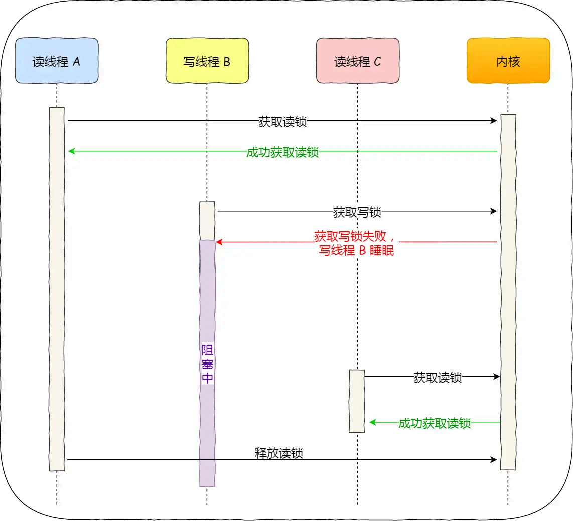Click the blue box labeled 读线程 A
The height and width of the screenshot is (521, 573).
pos(56,61)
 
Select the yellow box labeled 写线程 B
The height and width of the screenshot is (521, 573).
pos(207,61)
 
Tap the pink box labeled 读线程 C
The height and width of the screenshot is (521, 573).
pos(358,61)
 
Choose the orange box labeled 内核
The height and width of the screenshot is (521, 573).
pos(508,61)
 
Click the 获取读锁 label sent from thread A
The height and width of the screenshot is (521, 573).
pos(282,122)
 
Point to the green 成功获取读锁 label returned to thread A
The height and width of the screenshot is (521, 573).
pos(282,152)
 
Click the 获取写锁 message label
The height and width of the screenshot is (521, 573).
pos(357,212)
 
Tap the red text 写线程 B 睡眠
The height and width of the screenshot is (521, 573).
pos(356,251)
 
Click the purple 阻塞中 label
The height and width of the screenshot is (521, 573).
pos(207,364)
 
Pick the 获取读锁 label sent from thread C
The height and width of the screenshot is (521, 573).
pos(437,378)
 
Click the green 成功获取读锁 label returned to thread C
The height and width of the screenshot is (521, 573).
pos(435,423)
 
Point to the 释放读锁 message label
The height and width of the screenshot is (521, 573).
pos(278,453)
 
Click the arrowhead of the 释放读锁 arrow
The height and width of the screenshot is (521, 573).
pos(494,459)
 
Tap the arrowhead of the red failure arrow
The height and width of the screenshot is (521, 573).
pos(219,242)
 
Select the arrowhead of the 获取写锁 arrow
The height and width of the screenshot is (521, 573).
pos(494,211)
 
